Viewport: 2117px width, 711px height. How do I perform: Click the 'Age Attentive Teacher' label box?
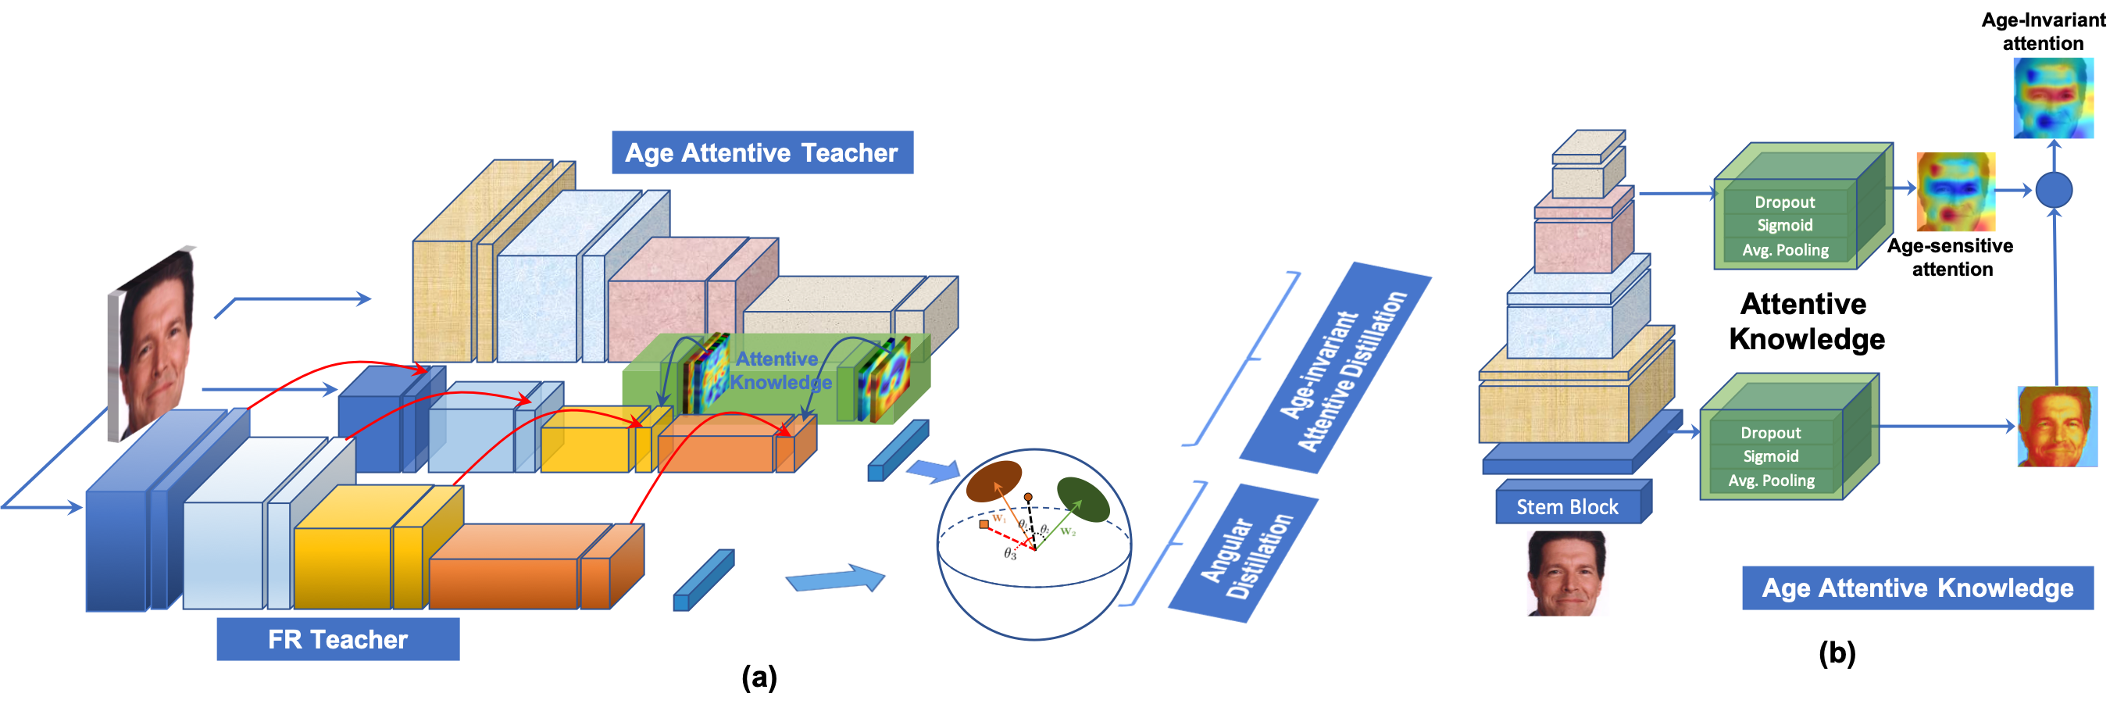(762, 152)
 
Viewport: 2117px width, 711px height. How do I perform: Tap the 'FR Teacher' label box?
(337, 638)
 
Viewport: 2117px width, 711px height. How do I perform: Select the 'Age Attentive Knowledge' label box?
(1916, 588)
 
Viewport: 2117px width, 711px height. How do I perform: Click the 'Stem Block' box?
(1567, 506)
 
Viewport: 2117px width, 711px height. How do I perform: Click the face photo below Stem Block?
(1567, 573)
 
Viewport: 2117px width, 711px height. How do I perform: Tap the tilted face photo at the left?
(154, 341)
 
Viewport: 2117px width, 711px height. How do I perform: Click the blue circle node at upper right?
(2054, 190)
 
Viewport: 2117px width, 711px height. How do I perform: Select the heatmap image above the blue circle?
(2053, 97)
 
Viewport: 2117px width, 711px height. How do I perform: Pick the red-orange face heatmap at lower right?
(2055, 426)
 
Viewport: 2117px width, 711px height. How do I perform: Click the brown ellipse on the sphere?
(994, 481)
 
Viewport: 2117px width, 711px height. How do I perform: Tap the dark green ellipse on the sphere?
(1083, 499)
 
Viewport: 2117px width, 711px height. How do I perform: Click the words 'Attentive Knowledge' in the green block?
(778, 370)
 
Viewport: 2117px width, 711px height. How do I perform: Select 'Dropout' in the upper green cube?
(1784, 202)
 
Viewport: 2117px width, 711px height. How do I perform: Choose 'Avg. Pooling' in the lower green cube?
(1771, 481)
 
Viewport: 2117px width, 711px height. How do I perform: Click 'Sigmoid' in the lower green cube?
(1770, 456)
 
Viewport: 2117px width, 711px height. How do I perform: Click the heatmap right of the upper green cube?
(1955, 191)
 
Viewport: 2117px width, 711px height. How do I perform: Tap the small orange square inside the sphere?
(984, 523)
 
